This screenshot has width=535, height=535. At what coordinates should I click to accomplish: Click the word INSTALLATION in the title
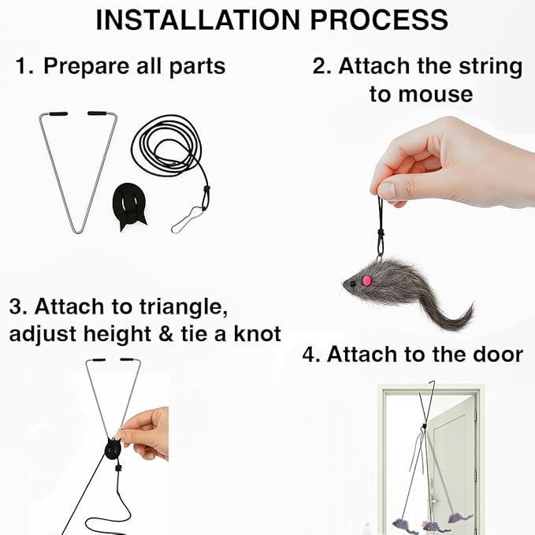[198, 20]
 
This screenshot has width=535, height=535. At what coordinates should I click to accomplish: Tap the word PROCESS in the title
[379, 20]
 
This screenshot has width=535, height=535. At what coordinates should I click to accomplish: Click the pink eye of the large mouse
[366, 281]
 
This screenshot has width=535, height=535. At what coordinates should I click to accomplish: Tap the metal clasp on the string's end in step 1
[186, 221]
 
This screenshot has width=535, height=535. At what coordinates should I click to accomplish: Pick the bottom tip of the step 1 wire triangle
[78, 232]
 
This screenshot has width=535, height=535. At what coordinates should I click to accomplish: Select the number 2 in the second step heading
[320, 66]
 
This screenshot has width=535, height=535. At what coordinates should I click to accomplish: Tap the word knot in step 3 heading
[258, 334]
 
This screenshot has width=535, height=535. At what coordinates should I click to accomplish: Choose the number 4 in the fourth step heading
[309, 355]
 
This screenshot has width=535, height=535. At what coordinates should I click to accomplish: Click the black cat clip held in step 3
[113, 448]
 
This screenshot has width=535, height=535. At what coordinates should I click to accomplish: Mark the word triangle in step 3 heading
[184, 308]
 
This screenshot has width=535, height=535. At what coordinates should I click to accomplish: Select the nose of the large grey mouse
[344, 284]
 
